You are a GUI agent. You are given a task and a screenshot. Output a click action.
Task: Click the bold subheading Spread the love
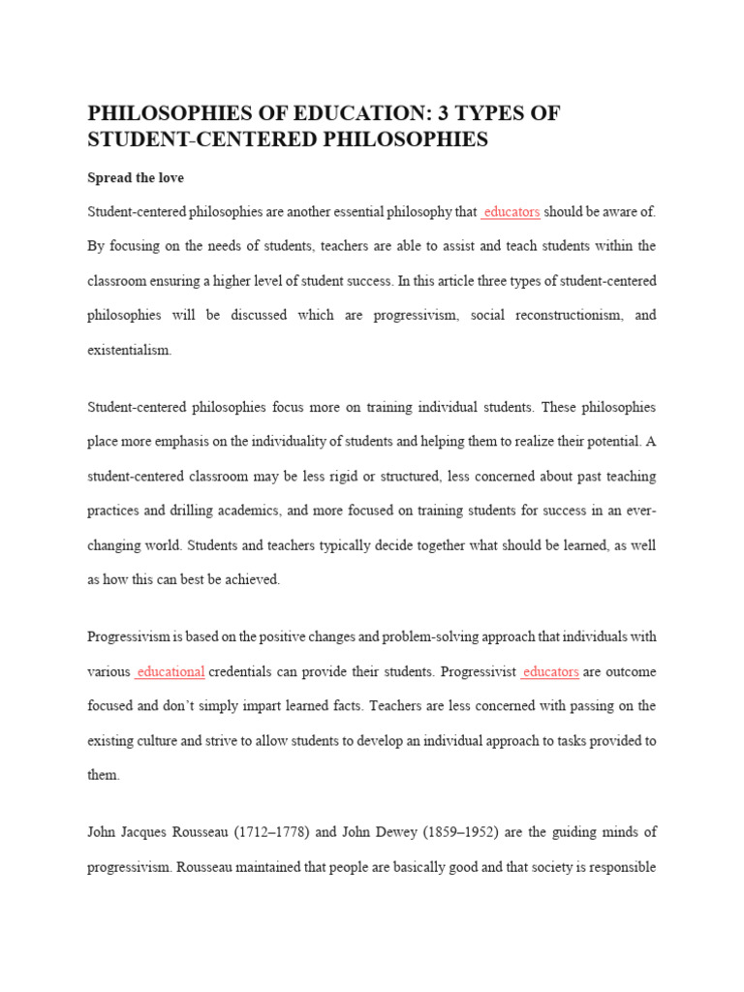pyautogui.click(x=136, y=178)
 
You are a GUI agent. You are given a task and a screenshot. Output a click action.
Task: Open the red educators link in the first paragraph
pyautogui.click(x=511, y=212)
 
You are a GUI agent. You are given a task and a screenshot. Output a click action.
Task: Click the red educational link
pyautogui.click(x=170, y=671)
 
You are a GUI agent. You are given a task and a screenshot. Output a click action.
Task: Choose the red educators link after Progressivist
pyautogui.click(x=550, y=671)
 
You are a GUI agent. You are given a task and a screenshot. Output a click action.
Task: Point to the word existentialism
pyautogui.click(x=129, y=351)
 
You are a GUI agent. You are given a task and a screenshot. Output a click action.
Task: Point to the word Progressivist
pyautogui.click(x=476, y=671)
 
